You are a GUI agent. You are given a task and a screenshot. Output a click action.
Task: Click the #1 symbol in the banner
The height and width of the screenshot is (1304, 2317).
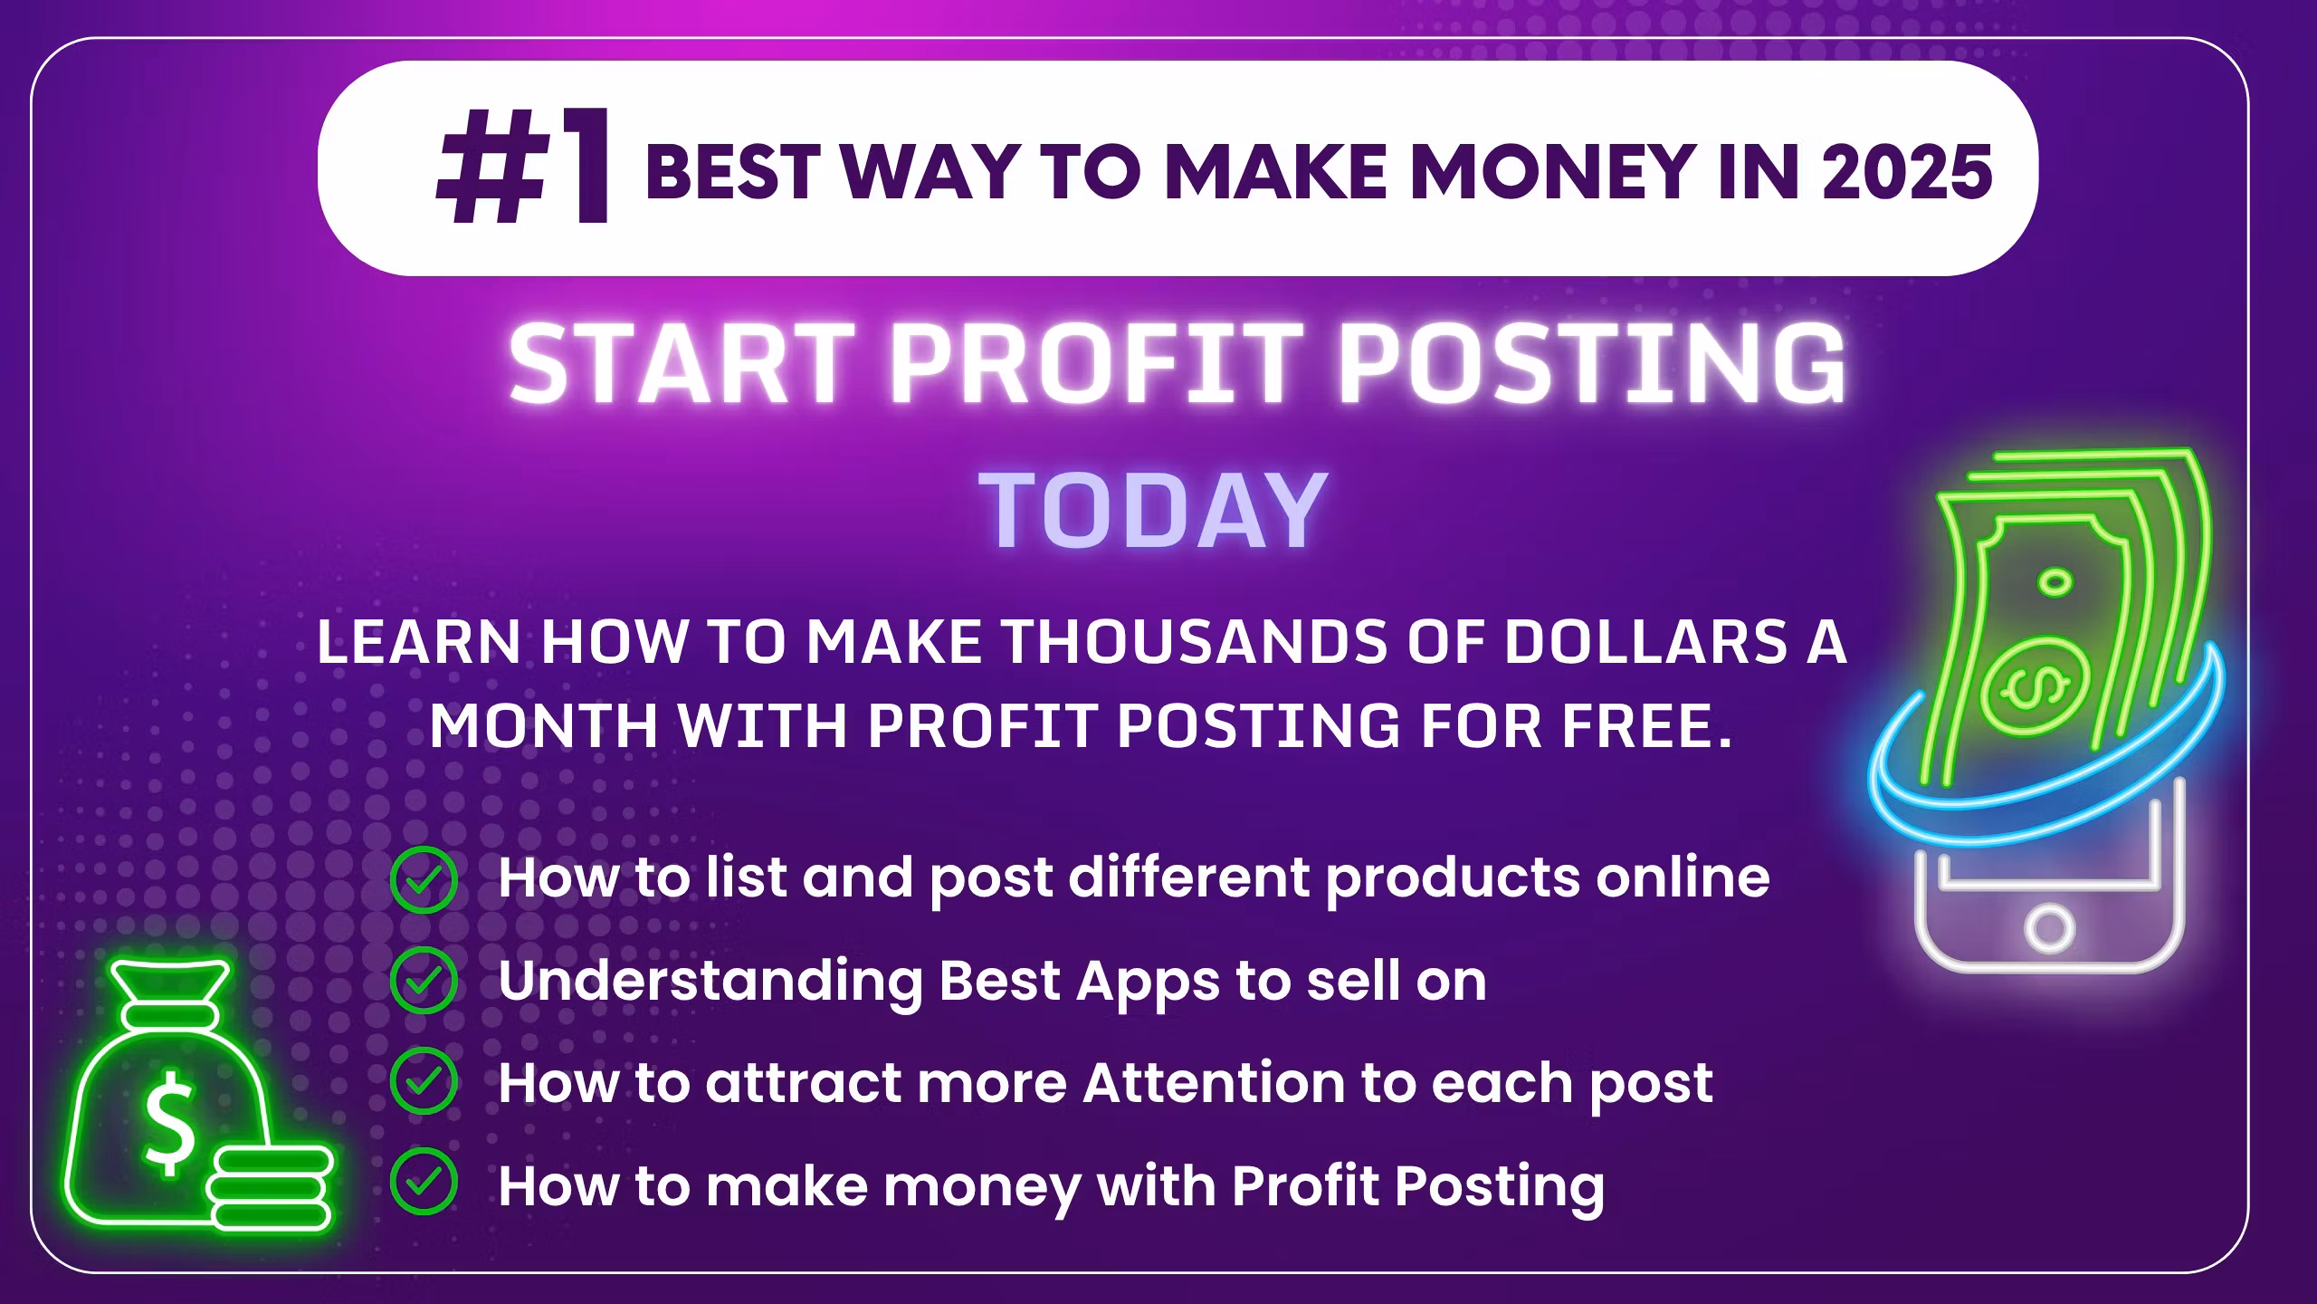pos(523,168)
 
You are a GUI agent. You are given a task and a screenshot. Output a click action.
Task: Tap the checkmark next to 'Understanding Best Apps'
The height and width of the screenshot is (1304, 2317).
pos(423,981)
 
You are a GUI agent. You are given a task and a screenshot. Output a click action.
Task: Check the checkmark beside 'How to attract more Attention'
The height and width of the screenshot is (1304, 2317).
pos(423,1081)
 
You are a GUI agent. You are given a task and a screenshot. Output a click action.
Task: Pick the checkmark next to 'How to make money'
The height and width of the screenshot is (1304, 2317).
pos(423,1182)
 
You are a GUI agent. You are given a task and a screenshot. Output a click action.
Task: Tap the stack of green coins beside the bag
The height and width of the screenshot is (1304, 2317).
pos(269,1187)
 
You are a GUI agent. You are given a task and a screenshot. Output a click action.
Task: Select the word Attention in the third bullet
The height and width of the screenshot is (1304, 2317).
pos(1214,1081)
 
